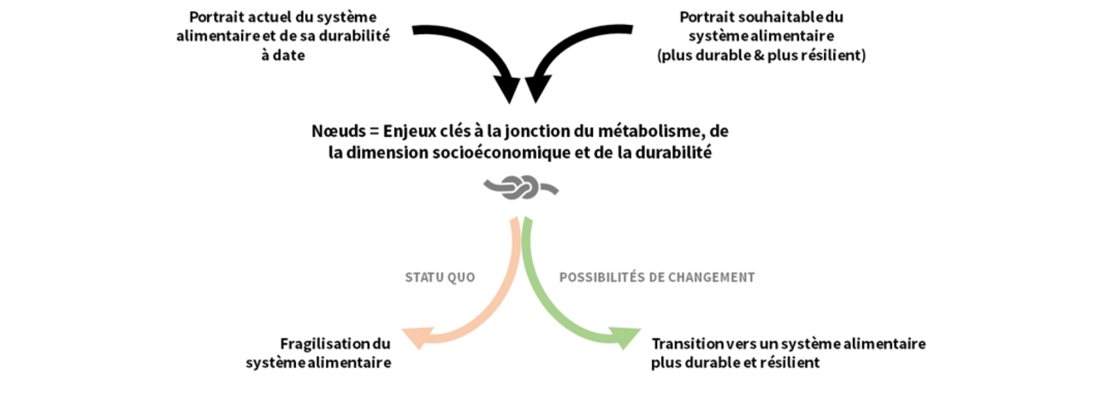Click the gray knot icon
pos(521,187)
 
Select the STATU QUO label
pos(440,278)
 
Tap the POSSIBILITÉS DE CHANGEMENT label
pos(657,278)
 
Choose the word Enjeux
pos(410,133)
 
